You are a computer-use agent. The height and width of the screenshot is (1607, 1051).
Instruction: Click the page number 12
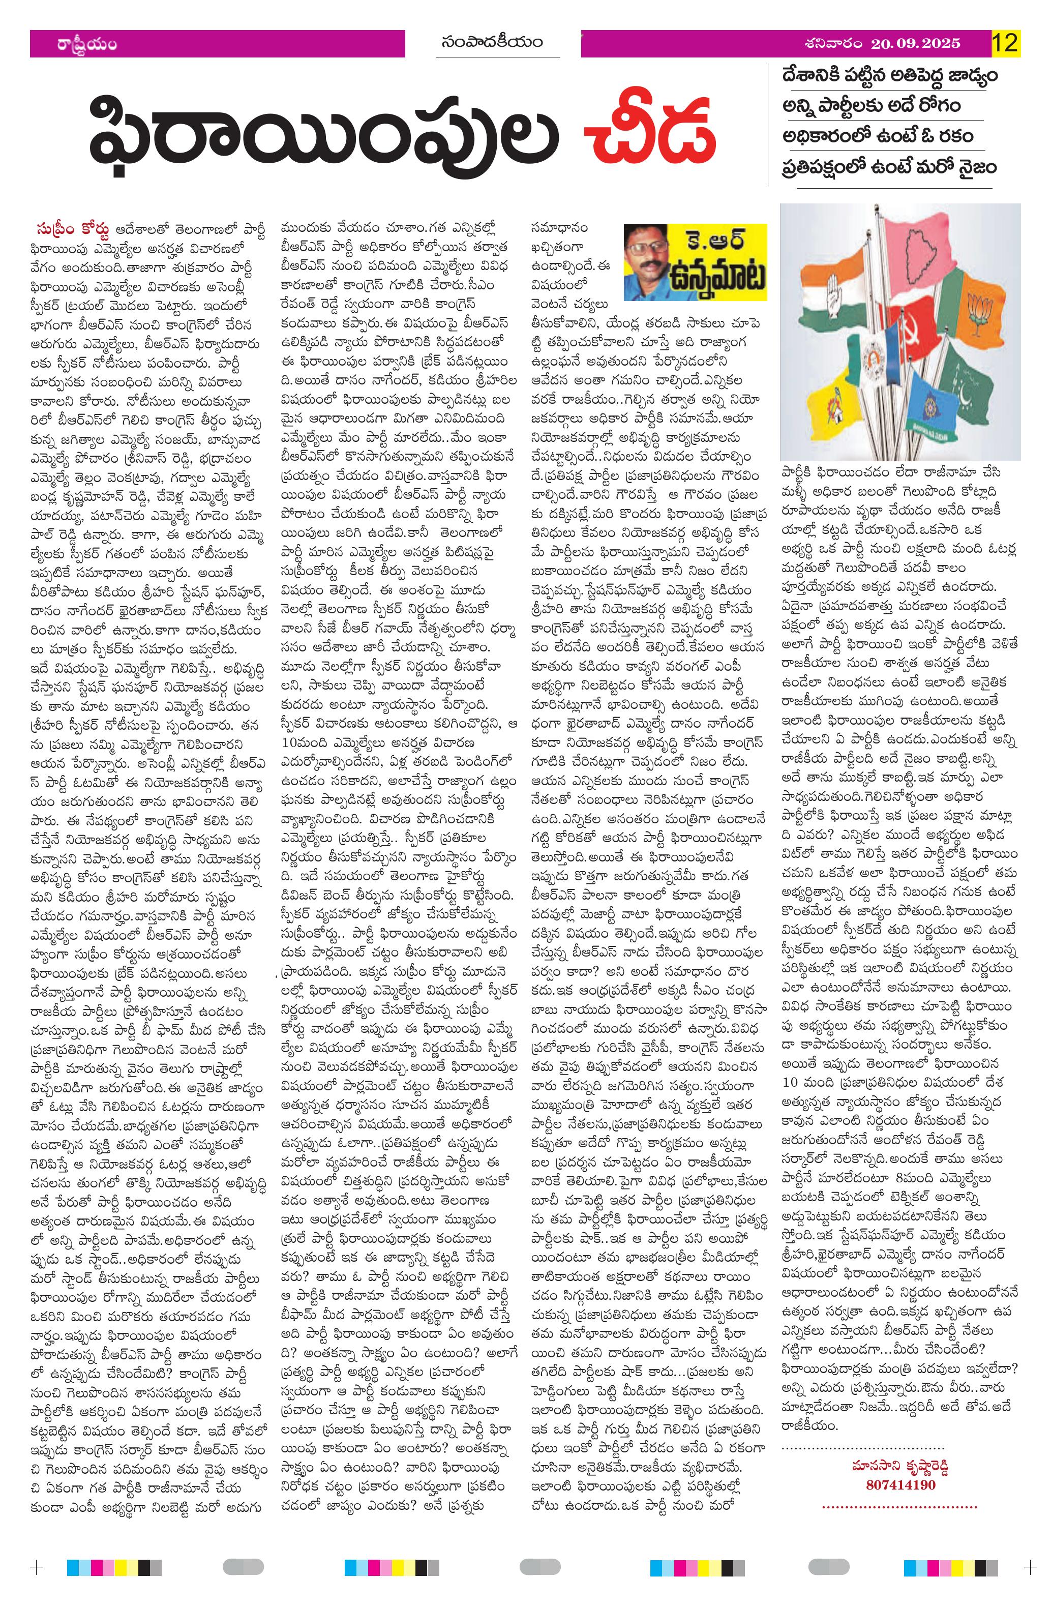coord(1004,43)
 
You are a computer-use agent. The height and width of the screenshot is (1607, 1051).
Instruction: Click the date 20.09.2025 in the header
coord(915,44)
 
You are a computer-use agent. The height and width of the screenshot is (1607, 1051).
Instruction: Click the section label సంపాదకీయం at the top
coord(493,43)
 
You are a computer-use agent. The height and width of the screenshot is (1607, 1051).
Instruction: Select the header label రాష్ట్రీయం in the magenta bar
coord(87,45)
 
